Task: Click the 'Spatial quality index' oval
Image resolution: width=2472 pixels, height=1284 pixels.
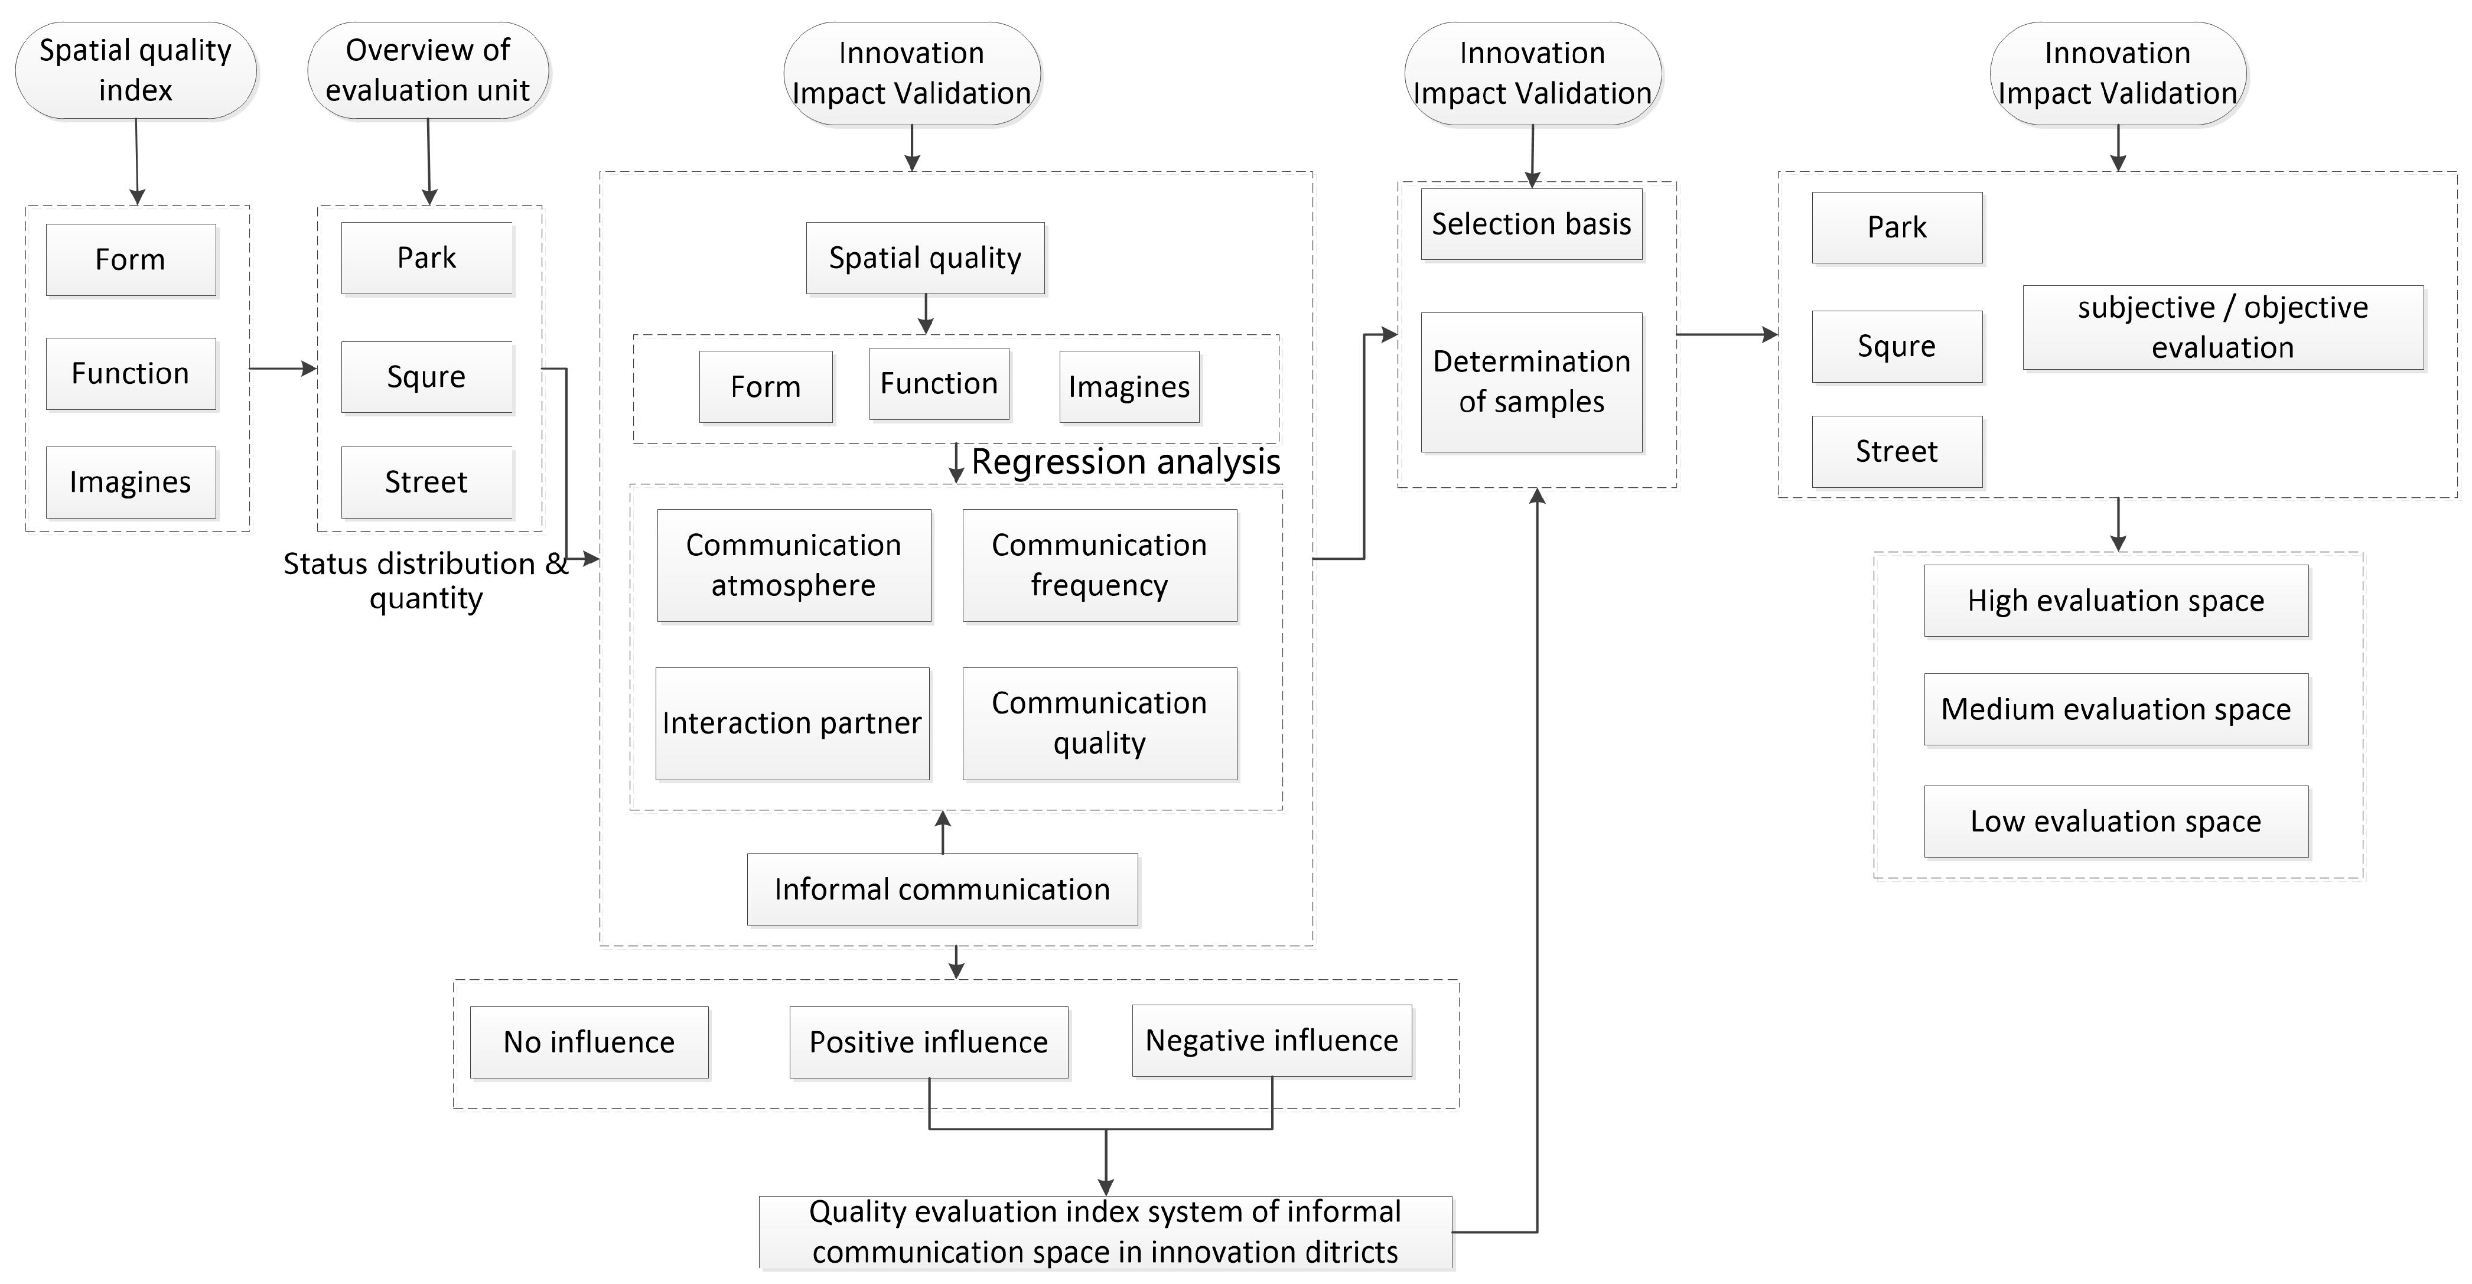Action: coord(135,70)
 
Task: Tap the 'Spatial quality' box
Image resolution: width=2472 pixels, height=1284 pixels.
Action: coord(925,258)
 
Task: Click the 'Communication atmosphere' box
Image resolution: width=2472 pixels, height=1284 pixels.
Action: coord(794,565)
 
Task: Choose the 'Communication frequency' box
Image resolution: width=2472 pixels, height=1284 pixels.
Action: coord(1100,565)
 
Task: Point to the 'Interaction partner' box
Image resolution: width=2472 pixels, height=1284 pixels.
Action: coord(792,724)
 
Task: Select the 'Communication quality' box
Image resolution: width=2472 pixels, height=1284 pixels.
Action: coord(1100,724)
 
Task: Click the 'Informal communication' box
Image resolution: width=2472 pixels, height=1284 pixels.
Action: coord(942,889)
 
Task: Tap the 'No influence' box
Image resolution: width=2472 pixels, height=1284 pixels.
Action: coord(589,1042)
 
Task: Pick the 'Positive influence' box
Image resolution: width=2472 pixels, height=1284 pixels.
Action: coord(929,1042)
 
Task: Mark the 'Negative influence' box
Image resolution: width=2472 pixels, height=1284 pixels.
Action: coord(1272,1040)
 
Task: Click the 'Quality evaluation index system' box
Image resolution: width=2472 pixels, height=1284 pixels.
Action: coord(1106,1232)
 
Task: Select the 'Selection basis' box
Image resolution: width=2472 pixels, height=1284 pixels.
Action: coord(1532,224)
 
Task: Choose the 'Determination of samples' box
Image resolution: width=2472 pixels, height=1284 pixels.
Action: coord(1532,382)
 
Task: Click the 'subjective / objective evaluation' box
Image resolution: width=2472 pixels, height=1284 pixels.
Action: coord(2223,327)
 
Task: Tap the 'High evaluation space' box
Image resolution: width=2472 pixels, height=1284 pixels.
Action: coord(2116,601)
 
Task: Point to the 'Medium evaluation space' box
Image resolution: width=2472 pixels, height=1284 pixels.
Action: coord(2116,710)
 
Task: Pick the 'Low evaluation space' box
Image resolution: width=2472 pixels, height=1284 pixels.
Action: coord(2116,822)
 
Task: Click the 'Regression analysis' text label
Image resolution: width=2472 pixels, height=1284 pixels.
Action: coord(1126,462)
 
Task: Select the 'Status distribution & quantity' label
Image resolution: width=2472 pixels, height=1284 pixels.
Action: coord(426,581)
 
